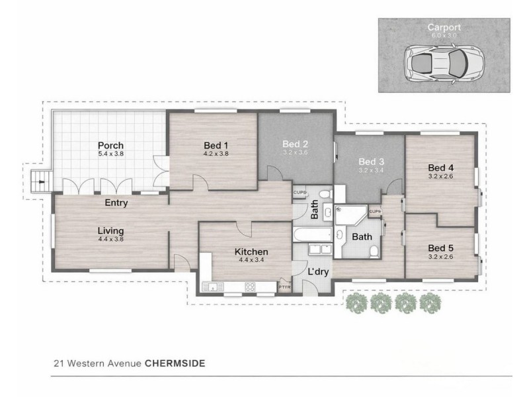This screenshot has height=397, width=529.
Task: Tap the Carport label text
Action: (444, 27)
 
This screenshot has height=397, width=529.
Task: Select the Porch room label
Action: (110, 146)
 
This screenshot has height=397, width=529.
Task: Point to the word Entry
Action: (116, 203)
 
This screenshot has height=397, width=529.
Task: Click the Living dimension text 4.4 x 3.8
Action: (110, 240)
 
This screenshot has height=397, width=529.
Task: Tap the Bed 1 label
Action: (216, 146)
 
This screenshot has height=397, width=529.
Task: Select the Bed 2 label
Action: (296, 144)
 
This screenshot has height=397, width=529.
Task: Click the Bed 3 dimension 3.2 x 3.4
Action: (371, 170)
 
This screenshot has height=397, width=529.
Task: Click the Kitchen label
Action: (251, 251)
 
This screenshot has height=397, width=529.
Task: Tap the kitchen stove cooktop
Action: (251, 287)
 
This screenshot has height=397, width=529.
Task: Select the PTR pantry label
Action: (284, 287)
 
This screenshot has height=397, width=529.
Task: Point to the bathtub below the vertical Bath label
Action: (312, 235)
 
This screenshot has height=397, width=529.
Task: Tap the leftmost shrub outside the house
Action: (358, 302)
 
